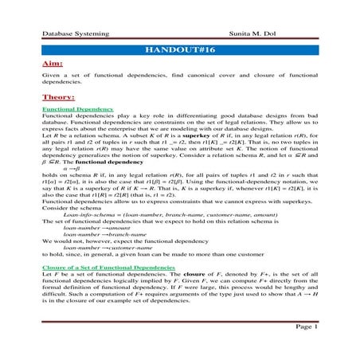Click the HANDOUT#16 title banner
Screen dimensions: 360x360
[x=180, y=49]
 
